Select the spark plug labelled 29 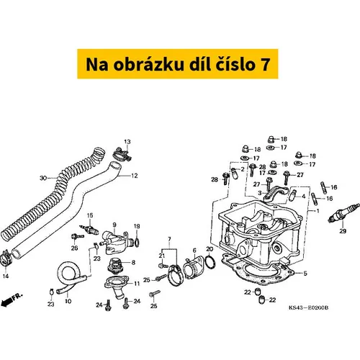pyautogui.click(x=343, y=212)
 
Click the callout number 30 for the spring pyautogui.click(x=43, y=178)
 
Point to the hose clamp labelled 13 pyautogui.click(x=122, y=155)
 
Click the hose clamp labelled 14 pyautogui.click(x=6, y=258)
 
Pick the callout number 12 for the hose pyautogui.click(x=135, y=176)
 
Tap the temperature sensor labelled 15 pyautogui.click(x=89, y=229)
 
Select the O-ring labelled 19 pyautogui.click(x=136, y=243)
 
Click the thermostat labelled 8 pyautogui.click(x=116, y=265)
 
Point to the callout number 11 pyautogui.click(x=137, y=284)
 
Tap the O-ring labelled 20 pyautogui.click(x=210, y=261)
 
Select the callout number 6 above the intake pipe pyautogui.click(x=194, y=251)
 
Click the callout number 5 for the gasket pyautogui.click(x=305, y=274)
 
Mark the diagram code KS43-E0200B pyautogui.click(x=308, y=307)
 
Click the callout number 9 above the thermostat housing pyautogui.click(x=114, y=225)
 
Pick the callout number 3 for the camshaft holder pyautogui.click(x=260, y=193)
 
